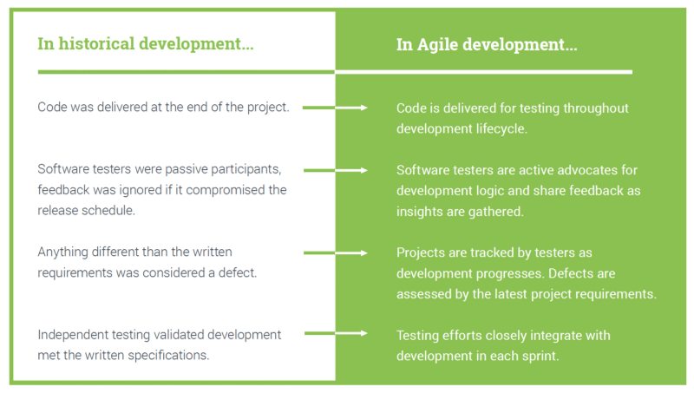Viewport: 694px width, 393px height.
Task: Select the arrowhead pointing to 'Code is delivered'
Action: click(366, 108)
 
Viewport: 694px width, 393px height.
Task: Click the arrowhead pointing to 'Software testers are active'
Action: click(366, 171)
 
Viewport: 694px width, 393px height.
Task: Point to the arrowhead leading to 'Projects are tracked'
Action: click(366, 253)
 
